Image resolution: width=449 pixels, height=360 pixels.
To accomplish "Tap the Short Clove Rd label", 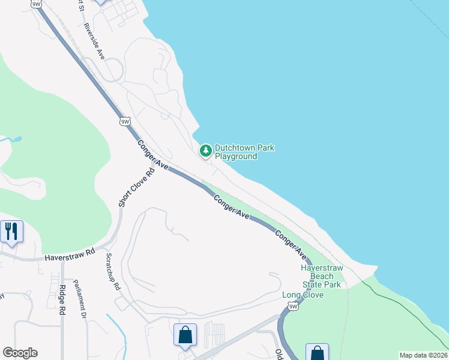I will (x=137, y=187).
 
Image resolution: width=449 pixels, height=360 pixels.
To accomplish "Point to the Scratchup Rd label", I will (x=112, y=272).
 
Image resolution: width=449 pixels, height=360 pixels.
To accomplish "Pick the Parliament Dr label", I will (x=80, y=298).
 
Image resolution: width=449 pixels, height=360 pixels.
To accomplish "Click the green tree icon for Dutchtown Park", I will (x=206, y=151).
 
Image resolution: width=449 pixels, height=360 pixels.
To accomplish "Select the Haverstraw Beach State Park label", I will (x=321, y=276).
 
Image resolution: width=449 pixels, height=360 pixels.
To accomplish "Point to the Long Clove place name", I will (x=303, y=295).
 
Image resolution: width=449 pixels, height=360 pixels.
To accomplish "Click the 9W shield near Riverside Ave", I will (x=125, y=122).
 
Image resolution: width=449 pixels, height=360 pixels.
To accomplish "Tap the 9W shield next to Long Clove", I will (x=293, y=307).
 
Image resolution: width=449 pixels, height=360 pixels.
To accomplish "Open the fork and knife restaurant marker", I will (x=11, y=231).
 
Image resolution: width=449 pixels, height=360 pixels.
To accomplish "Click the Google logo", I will (x=20, y=353).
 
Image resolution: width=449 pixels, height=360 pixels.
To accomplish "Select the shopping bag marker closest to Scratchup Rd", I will (x=185, y=335).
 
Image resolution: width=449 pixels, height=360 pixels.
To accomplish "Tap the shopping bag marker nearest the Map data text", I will (x=317, y=353).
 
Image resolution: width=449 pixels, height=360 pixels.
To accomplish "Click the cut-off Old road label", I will (x=279, y=354).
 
